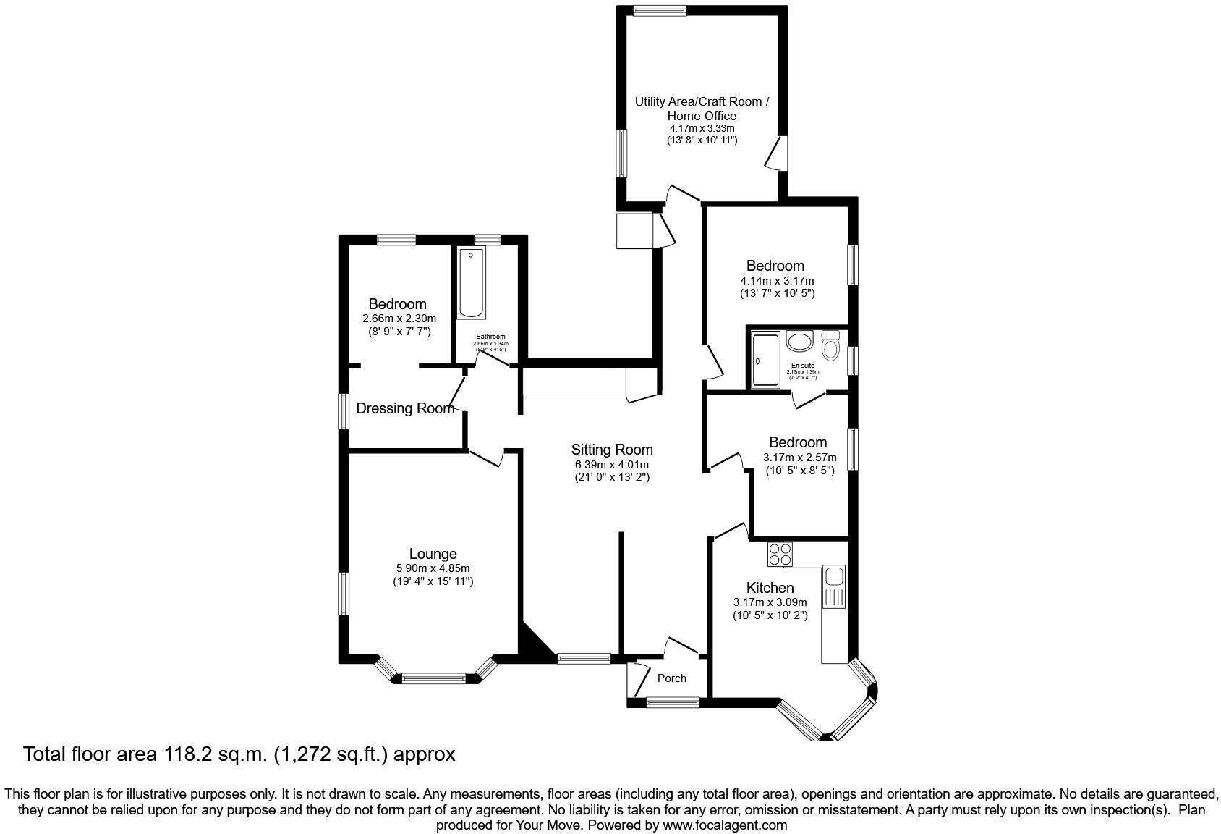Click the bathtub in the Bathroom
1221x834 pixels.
click(471, 283)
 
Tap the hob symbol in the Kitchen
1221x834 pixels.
click(780, 554)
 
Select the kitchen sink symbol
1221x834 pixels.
click(834, 576)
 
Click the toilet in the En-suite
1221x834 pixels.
click(830, 347)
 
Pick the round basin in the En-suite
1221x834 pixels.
click(800, 342)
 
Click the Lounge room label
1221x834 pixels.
click(433, 555)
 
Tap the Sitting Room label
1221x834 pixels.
click(612, 450)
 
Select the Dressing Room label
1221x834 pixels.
click(405, 409)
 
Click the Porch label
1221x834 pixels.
click(672, 678)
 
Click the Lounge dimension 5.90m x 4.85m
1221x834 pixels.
click(433, 568)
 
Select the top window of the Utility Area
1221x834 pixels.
click(659, 11)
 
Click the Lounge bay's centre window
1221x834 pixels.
click(433, 678)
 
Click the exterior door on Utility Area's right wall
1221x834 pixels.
click(776, 153)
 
